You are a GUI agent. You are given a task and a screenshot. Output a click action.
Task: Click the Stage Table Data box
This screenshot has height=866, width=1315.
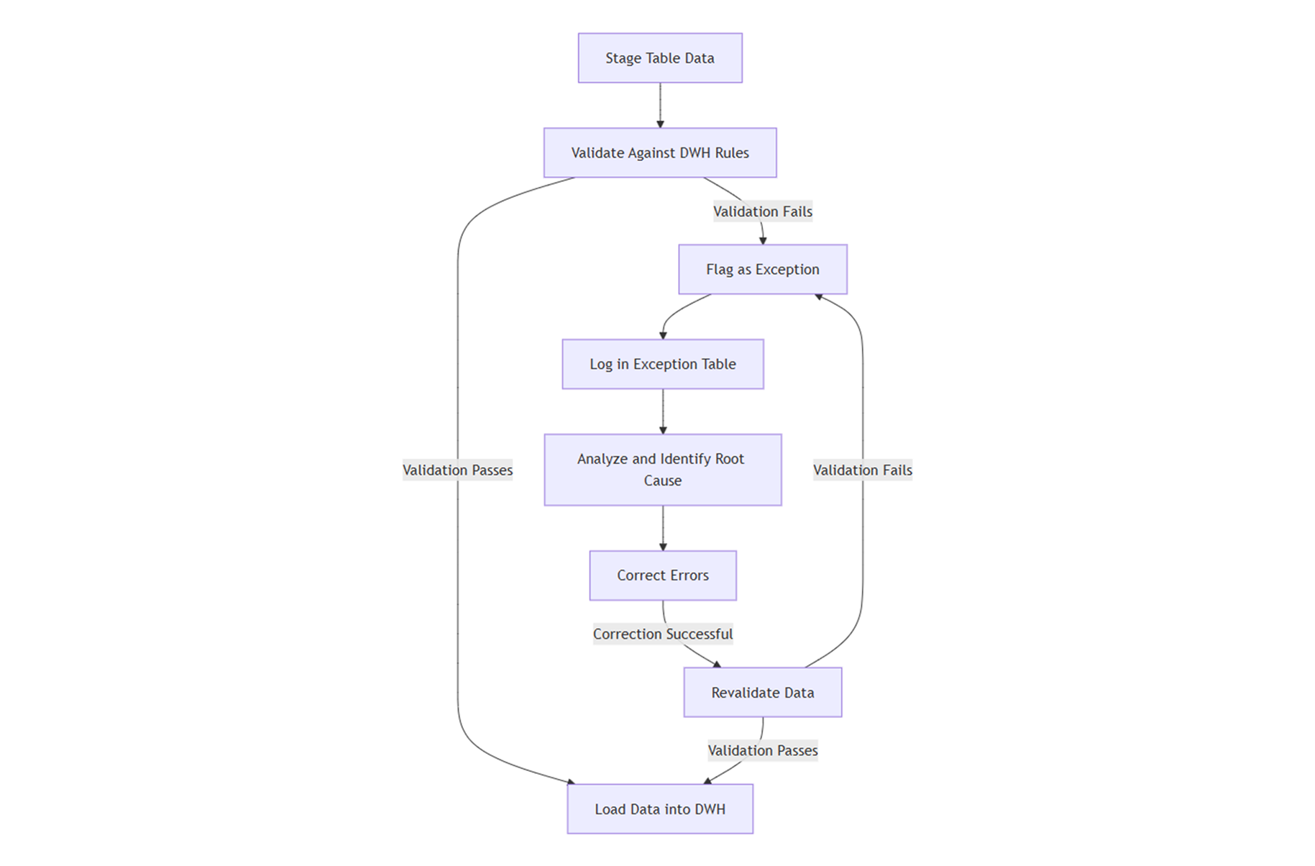tap(660, 58)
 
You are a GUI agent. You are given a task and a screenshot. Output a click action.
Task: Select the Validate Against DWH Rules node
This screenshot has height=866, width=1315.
tap(660, 152)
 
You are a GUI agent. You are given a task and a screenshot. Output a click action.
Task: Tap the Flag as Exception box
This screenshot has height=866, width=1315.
tap(763, 269)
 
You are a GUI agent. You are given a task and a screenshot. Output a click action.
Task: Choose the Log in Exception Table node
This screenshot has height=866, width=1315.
tap(663, 364)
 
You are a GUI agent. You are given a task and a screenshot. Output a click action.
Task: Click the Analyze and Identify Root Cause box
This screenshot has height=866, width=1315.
tap(663, 470)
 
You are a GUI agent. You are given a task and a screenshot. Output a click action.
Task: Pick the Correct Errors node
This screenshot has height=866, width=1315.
tap(663, 575)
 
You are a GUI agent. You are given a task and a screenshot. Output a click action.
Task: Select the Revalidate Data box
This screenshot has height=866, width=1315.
tap(763, 693)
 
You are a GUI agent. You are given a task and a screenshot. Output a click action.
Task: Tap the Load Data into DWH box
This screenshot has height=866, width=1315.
tap(660, 809)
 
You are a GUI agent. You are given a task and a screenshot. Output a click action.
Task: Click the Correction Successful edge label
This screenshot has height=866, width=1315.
tap(663, 634)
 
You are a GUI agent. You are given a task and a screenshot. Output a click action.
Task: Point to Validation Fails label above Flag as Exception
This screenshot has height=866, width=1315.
tap(763, 211)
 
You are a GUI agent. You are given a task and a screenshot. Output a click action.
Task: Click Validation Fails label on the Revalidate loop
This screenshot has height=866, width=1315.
tap(863, 470)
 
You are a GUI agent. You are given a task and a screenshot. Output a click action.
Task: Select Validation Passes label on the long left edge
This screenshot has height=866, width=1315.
tap(457, 470)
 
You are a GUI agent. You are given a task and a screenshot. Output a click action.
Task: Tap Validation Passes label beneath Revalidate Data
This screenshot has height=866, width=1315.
tap(763, 751)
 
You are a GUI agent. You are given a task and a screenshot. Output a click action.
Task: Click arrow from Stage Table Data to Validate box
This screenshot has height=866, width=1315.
tap(660, 106)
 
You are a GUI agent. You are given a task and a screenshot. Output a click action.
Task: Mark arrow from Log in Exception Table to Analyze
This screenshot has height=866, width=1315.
tap(663, 411)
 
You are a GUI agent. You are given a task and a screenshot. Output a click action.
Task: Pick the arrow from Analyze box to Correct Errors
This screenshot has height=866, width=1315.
tap(663, 528)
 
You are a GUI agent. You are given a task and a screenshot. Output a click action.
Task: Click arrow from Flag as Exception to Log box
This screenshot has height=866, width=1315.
tap(676, 314)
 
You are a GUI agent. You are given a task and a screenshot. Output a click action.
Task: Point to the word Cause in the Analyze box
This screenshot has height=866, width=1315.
tap(663, 480)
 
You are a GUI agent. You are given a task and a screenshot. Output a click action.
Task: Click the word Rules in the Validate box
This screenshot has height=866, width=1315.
tap(732, 152)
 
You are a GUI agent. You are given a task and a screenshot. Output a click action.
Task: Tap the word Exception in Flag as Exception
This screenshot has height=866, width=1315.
tap(787, 269)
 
